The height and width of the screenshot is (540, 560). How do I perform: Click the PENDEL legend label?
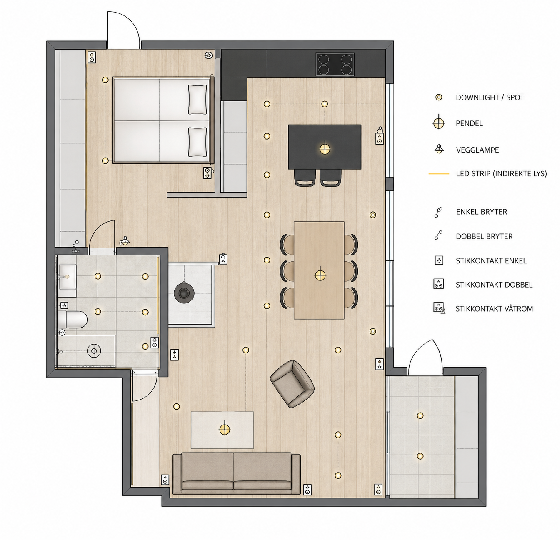[469, 123]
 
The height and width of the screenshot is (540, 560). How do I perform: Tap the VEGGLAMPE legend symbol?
[439, 149]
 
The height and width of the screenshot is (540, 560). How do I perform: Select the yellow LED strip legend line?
[439, 174]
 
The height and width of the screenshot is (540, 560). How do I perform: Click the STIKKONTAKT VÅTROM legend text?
[494, 309]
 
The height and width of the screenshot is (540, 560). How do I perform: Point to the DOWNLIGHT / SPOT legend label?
[490, 97]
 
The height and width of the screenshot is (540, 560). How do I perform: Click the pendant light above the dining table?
[320, 275]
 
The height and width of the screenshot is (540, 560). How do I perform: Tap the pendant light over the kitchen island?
[325, 148]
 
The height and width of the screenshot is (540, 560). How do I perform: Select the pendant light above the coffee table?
[225, 430]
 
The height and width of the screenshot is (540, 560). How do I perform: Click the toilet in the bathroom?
[72, 319]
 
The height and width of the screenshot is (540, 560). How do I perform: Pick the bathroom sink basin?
[67, 277]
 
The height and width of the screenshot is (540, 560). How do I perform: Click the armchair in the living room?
[292, 384]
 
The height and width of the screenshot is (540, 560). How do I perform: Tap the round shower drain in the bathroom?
[94, 351]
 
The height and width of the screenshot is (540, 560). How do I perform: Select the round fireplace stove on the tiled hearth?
[184, 293]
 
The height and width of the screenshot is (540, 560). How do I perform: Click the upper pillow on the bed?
[197, 100]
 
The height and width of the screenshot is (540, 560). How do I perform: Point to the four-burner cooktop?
[335, 65]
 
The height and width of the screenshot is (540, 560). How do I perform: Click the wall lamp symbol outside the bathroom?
[125, 240]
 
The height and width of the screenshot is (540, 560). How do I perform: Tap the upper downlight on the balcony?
[420, 415]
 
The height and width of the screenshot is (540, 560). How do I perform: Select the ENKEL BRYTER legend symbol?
[438, 212]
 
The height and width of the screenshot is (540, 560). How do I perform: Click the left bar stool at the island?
[304, 177]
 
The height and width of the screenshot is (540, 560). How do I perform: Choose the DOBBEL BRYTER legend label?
[484, 237]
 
